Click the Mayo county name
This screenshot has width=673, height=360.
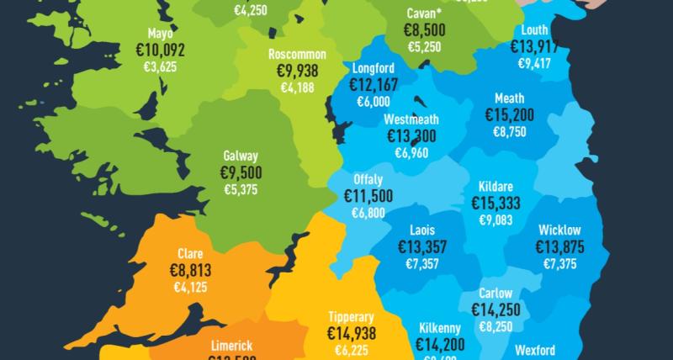tap(160, 34)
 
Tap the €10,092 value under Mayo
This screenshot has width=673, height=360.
tap(160, 50)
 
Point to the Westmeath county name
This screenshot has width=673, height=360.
tap(411, 119)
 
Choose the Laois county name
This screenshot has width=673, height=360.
tap(423, 229)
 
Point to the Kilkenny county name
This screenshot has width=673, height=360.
tap(440, 326)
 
